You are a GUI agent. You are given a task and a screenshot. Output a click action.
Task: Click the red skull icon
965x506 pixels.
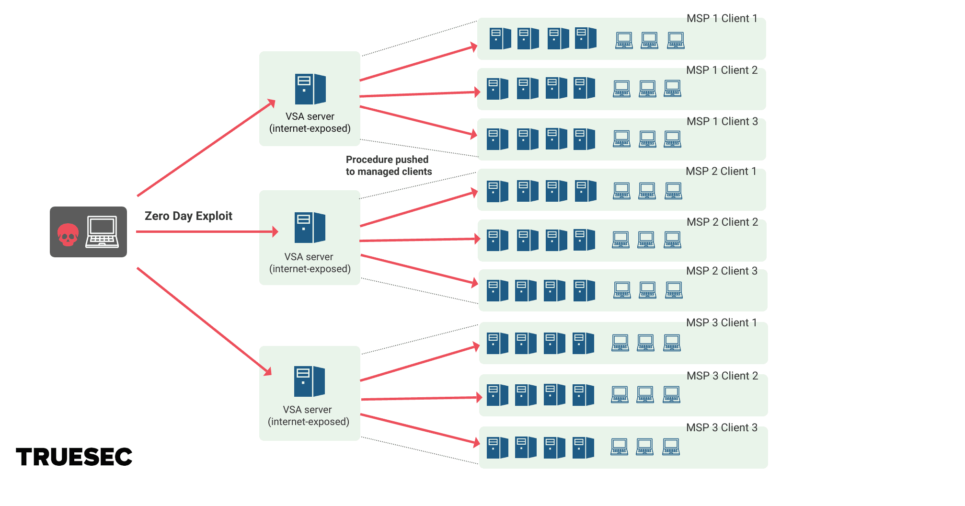[68, 235]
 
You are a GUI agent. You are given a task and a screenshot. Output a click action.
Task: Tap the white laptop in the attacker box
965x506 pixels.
[102, 232]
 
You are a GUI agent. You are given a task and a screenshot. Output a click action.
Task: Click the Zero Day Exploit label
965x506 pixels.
[188, 216]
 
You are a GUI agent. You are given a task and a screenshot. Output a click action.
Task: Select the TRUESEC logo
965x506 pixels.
[74, 457]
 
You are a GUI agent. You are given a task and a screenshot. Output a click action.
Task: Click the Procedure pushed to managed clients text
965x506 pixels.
[389, 165]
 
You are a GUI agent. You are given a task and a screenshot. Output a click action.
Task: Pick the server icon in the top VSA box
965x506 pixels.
[310, 89]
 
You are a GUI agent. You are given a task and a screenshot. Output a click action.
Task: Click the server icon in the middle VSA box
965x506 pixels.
[310, 228]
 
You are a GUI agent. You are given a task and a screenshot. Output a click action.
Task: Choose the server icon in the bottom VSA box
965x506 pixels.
[309, 381]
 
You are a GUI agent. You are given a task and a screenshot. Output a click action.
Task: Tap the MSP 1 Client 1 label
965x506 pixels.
[722, 19]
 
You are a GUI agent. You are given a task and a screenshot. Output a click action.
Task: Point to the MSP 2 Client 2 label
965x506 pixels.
[722, 222]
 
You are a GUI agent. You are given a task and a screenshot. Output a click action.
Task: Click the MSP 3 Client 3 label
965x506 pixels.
[722, 428]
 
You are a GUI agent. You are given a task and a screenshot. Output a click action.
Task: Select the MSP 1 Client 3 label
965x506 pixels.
[722, 122]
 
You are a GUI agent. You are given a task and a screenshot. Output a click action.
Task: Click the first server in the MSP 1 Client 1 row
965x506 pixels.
[500, 39]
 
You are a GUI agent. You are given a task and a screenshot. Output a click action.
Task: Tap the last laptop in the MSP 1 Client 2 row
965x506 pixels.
[673, 89]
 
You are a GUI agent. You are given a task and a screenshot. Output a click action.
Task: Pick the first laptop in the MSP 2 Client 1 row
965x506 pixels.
[622, 191]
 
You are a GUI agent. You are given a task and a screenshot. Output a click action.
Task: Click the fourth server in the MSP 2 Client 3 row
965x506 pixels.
[584, 291]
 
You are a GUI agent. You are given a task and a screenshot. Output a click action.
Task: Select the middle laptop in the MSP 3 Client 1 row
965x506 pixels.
[646, 343]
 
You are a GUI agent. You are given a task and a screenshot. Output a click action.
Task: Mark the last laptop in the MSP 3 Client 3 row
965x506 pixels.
[671, 447]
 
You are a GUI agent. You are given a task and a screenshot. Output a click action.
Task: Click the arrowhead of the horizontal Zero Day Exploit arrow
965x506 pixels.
[276, 232]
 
